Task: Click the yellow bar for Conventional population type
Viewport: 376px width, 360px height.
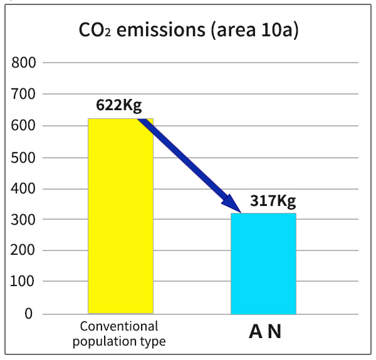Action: [x=120, y=216]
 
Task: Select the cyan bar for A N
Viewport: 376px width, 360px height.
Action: [x=263, y=264]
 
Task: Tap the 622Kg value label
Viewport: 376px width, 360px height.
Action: [x=119, y=105]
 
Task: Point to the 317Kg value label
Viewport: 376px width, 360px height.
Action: [x=273, y=202]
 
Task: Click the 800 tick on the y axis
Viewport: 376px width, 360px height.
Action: [x=24, y=63]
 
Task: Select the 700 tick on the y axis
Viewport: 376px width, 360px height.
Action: [x=24, y=95]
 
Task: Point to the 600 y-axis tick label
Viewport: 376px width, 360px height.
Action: [x=24, y=126]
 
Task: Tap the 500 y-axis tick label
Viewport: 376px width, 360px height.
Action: [x=24, y=157]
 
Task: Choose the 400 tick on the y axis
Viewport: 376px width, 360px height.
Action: [x=24, y=188]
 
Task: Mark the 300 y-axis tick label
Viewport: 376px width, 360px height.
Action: [x=24, y=220]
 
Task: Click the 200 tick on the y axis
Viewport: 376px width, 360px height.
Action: [x=24, y=251]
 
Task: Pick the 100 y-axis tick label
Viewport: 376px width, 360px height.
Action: [x=24, y=282]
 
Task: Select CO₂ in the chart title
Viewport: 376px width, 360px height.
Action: [x=94, y=30]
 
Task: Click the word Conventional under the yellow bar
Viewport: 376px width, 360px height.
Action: [x=119, y=326]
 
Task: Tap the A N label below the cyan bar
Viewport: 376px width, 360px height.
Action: [x=265, y=332]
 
